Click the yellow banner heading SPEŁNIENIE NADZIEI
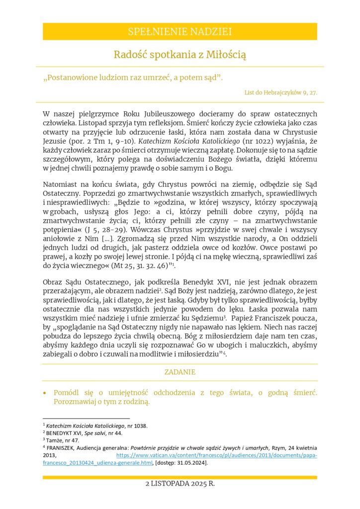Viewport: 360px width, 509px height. (180, 32)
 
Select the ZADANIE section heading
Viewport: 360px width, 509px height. (180, 372)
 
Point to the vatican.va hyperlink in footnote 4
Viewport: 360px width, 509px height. (217, 455)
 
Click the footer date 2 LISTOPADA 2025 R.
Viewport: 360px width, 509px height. (180, 483)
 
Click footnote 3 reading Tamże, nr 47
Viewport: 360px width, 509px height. (61, 440)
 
